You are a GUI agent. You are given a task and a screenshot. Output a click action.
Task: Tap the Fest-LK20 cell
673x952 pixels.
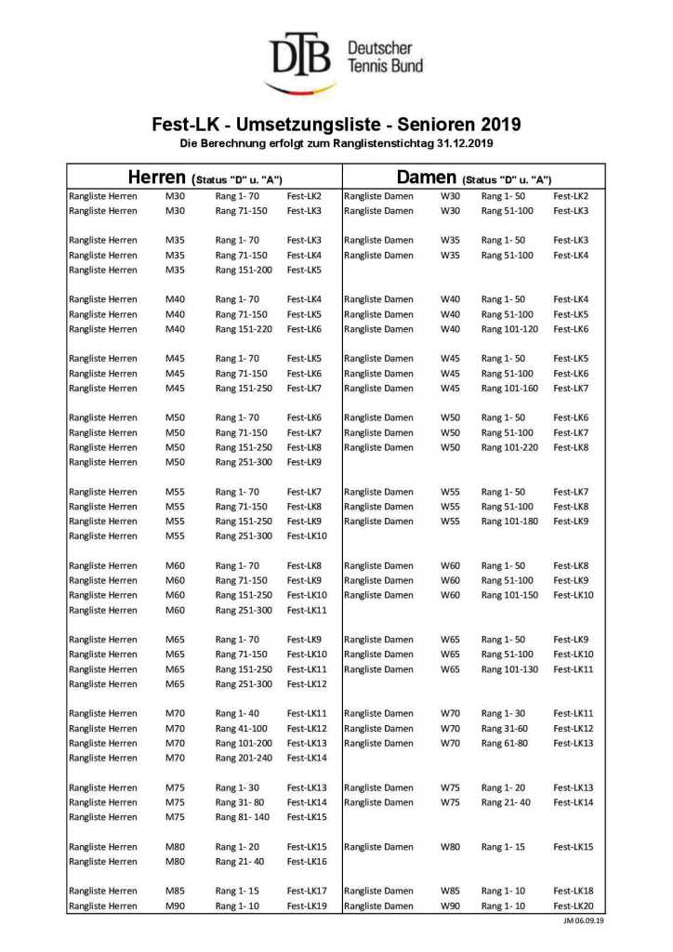click(x=573, y=906)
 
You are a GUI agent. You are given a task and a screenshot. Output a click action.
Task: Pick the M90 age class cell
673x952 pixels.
click(x=175, y=906)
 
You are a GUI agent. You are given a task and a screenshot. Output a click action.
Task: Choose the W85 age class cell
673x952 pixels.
click(x=450, y=891)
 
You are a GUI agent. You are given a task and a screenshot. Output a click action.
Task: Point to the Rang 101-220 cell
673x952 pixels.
click(x=509, y=447)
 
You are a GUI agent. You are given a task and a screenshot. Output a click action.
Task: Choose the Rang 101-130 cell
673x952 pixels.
click(x=509, y=669)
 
